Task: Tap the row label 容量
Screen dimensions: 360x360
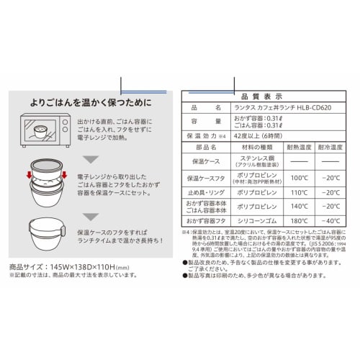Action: point(202,122)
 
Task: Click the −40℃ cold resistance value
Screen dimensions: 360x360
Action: point(333,221)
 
